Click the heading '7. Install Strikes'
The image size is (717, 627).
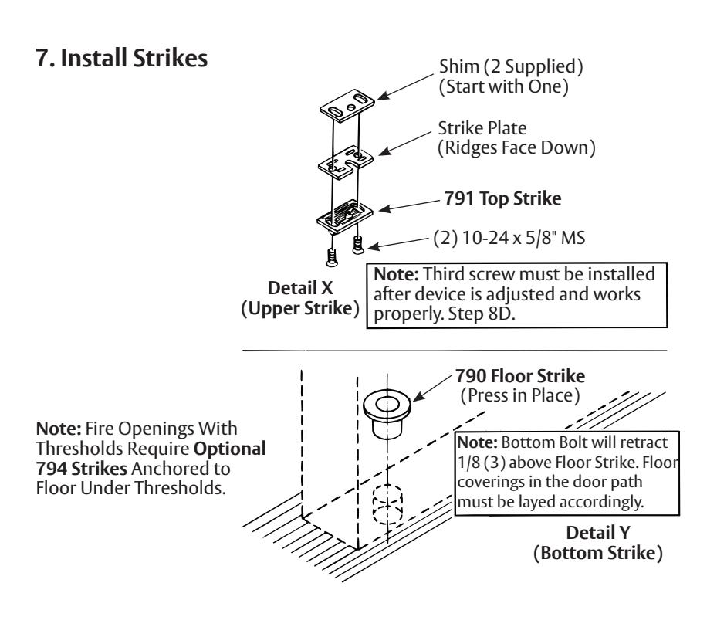click(x=122, y=58)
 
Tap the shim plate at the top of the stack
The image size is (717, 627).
click(x=347, y=105)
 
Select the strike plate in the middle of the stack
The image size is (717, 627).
click(x=346, y=163)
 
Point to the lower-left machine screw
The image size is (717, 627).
click(x=332, y=257)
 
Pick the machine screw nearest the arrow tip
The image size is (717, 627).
click(x=357, y=244)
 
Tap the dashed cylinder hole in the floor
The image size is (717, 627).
click(x=387, y=504)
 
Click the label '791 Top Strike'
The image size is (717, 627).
click(x=502, y=198)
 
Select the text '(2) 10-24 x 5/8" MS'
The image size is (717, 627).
click(x=509, y=238)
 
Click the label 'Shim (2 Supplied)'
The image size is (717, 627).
click(x=511, y=66)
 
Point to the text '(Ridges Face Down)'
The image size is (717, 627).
click(x=516, y=148)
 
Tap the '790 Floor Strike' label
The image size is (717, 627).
click(x=520, y=376)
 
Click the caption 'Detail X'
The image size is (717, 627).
click(x=300, y=288)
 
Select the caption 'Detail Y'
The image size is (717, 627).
click(x=597, y=533)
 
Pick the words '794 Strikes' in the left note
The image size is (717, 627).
click(x=81, y=469)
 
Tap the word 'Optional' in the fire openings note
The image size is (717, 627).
click(x=229, y=449)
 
